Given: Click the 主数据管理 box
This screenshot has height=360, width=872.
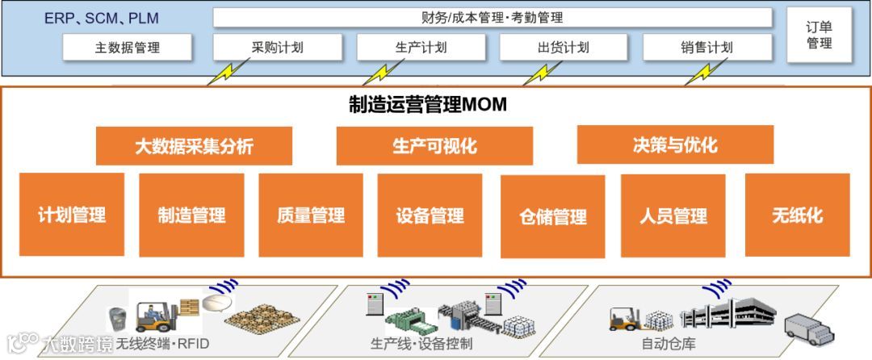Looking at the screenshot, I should click(128, 47).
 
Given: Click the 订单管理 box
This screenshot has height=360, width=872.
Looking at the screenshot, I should click(819, 35).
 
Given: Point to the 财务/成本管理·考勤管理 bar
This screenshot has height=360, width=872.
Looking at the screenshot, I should click(492, 18).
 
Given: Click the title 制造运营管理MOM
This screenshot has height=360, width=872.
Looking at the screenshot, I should click(427, 104).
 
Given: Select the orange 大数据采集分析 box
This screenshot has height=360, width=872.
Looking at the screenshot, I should click(194, 146).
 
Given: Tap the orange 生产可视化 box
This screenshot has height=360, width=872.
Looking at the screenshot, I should click(434, 146).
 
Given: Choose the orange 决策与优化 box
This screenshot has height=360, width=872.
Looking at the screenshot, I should click(675, 145).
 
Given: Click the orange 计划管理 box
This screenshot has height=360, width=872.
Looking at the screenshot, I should click(72, 215).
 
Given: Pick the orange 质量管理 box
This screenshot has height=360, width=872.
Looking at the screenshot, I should click(311, 215).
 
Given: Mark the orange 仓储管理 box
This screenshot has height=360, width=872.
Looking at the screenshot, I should click(552, 216).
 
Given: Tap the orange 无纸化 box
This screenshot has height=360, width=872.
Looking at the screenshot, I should click(797, 215).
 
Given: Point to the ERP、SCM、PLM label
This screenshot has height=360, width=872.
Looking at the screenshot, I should click(102, 18).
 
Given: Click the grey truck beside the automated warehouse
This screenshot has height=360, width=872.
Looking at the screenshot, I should click(809, 329).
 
